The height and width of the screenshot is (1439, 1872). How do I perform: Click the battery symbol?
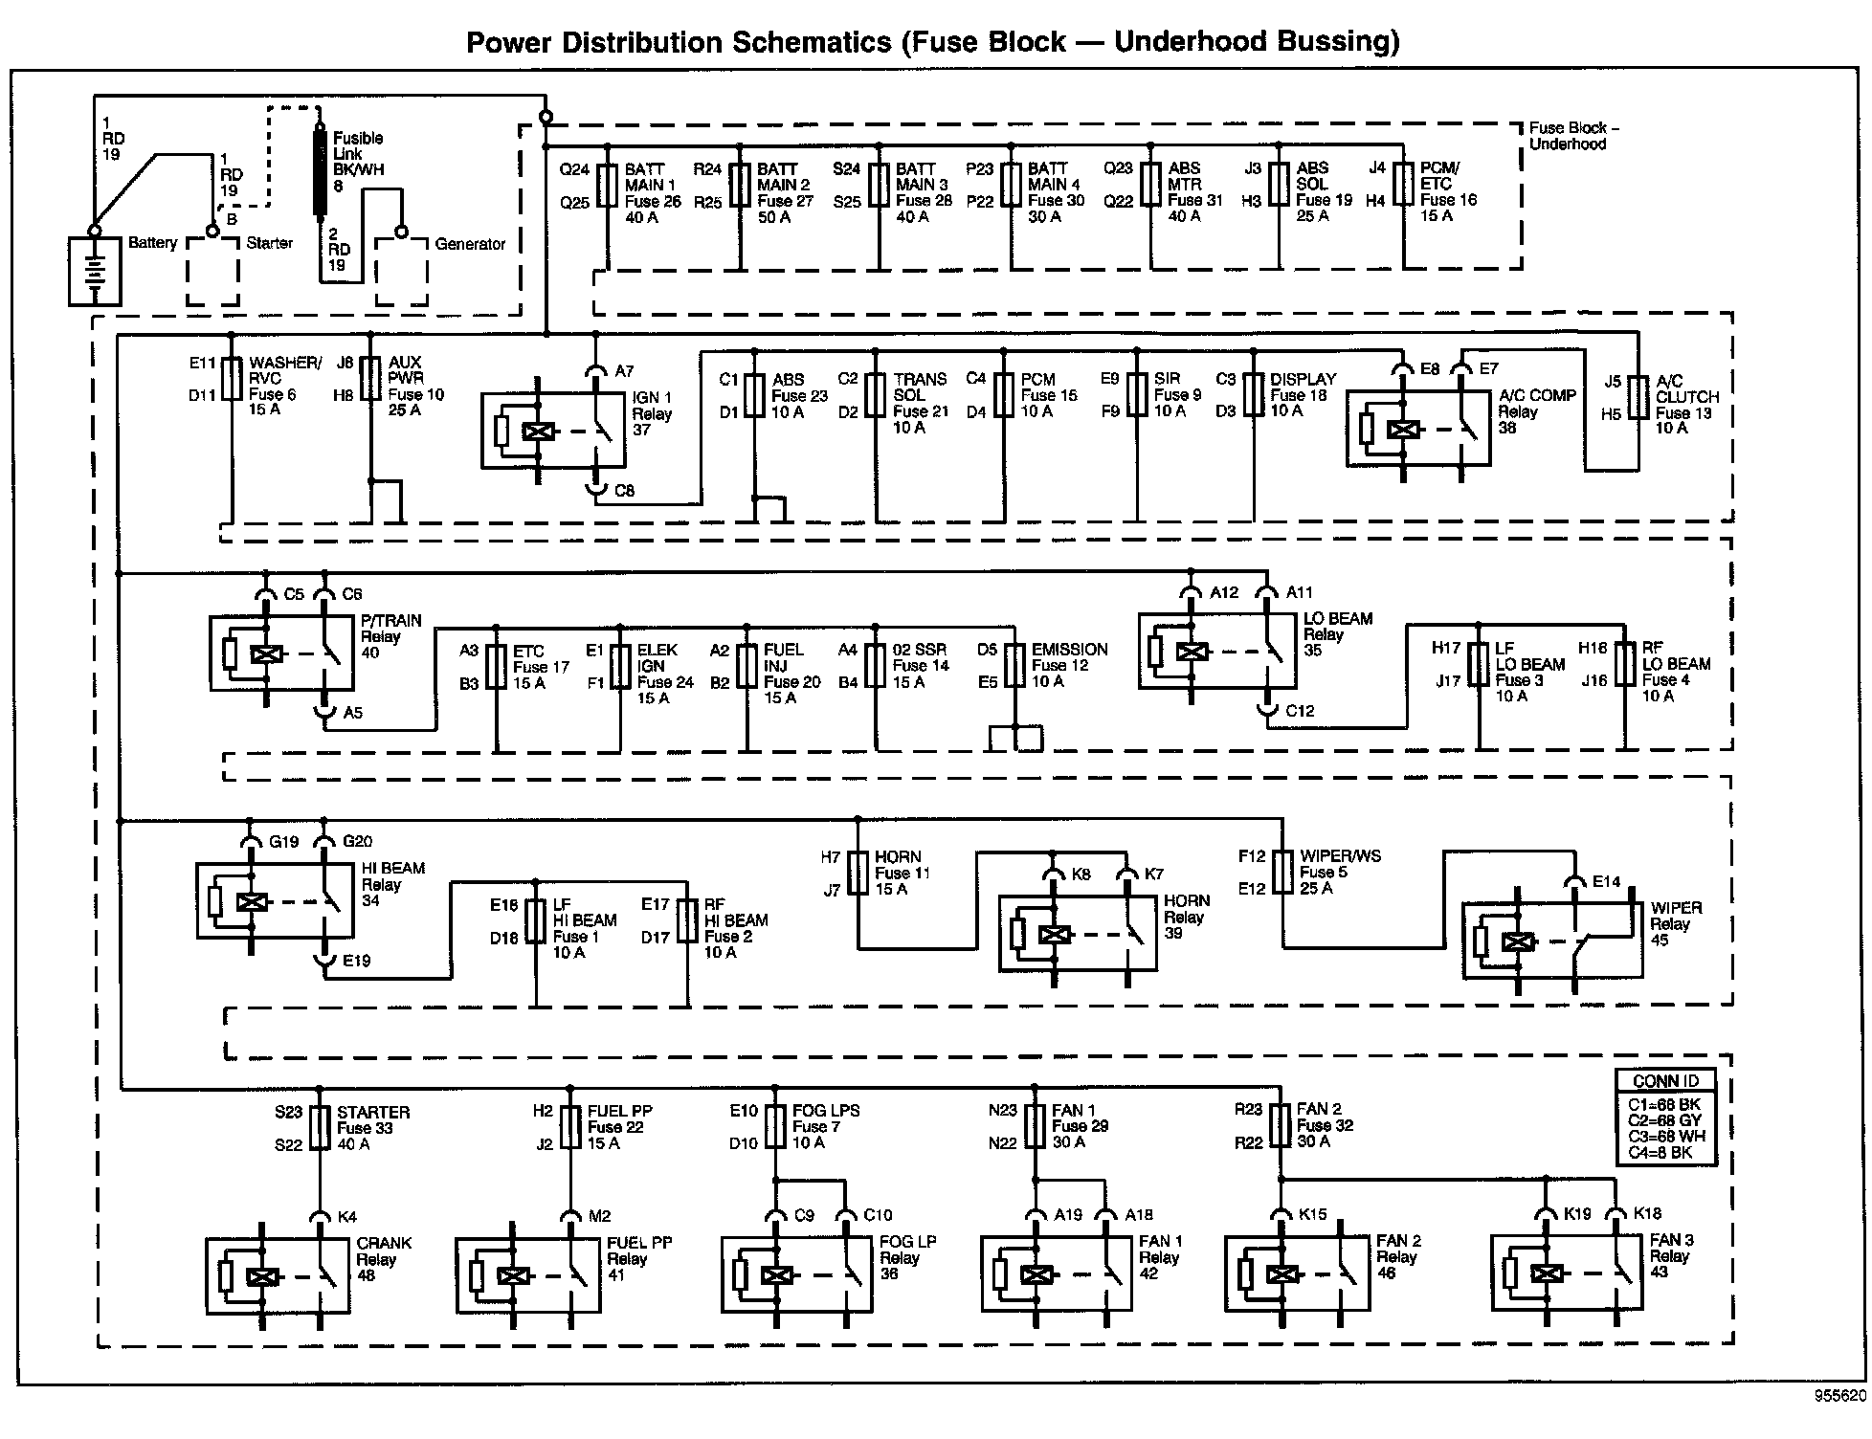pos(95,272)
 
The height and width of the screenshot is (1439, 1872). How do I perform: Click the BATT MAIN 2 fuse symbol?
pos(740,186)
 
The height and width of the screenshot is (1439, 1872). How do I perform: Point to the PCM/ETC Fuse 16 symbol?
pos(1403,184)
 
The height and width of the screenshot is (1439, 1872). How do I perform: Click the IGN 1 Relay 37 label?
pos(652,413)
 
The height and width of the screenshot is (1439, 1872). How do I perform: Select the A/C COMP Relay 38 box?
pos(1417,429)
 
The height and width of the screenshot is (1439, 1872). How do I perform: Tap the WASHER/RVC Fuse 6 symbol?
pos(232,379)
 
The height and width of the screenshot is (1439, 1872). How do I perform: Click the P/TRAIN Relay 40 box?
pos(281,654)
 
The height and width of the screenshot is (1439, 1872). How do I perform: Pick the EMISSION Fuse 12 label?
pos(1069,665)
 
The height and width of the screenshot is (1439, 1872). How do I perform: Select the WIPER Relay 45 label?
pos(1676,924)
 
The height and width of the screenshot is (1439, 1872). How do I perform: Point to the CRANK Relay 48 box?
pos(279,1276)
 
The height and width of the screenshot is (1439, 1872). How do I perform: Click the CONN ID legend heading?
pos(1665,1081)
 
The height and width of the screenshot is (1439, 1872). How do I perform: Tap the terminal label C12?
pos(1300,711)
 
